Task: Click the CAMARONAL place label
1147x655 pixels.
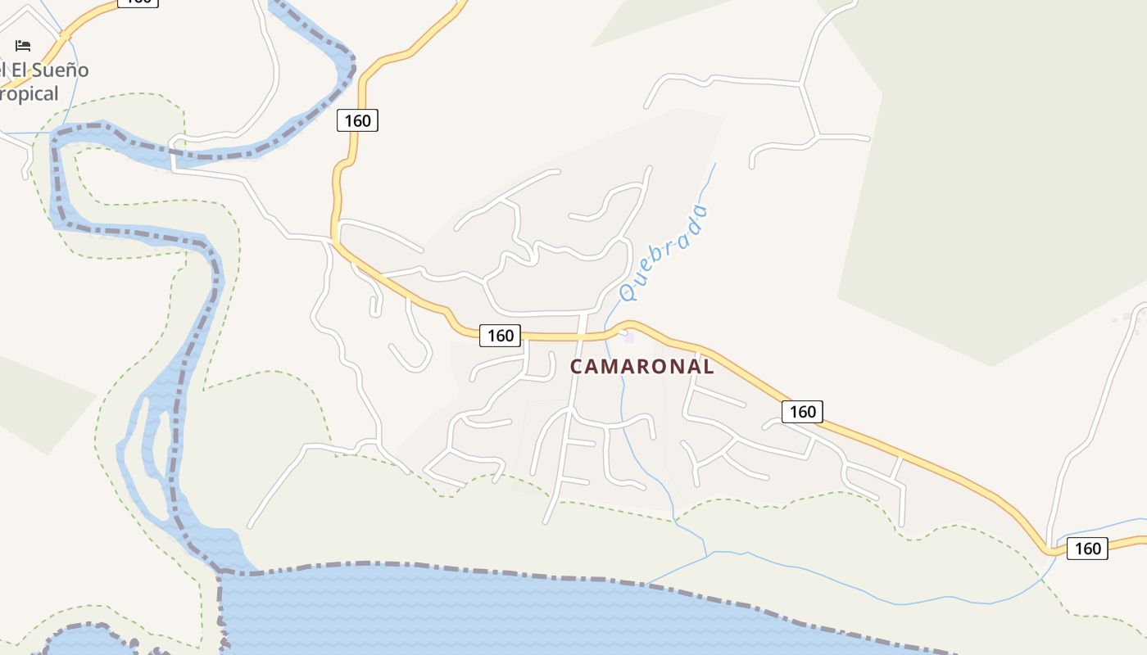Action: click(x=642, y=366)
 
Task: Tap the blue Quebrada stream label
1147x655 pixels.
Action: click(x=664, y=253)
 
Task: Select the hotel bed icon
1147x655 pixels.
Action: click(x=23, y=46)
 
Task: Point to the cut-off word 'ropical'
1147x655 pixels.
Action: click(x=29, y=94)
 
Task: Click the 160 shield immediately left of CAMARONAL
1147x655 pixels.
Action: click(x=500, y=336)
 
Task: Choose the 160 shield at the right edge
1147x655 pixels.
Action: click(x=1087, y=549)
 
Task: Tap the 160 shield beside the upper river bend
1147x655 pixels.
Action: click(x=357, y=121)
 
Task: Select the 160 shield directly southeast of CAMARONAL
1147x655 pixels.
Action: click(x=802, y=412)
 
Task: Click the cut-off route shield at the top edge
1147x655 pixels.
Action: click(x=138, y=2)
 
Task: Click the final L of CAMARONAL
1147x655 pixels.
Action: click(x=709, y=366)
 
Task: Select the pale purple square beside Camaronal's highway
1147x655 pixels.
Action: click(x=629, y=336)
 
